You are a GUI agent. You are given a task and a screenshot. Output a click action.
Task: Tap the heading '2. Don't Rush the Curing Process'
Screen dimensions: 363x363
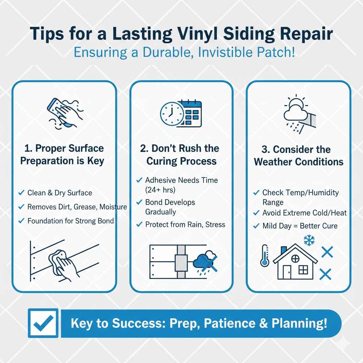pos(181,155)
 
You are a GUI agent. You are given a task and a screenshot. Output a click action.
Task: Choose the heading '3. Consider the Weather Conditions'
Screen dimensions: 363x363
pos(298,156)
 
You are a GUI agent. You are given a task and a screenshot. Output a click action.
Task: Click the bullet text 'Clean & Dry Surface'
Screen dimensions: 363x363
pos(60,193)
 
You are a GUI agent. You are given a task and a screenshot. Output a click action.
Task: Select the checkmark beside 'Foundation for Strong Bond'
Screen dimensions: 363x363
pos(21,221)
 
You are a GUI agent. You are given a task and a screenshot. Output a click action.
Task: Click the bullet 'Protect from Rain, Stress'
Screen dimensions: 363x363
pos(185,224)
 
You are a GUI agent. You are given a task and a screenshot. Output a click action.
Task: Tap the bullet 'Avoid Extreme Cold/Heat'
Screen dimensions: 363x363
pos(304,213)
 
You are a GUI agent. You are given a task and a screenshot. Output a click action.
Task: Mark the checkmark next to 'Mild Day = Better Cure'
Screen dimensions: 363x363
pos(256,226)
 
